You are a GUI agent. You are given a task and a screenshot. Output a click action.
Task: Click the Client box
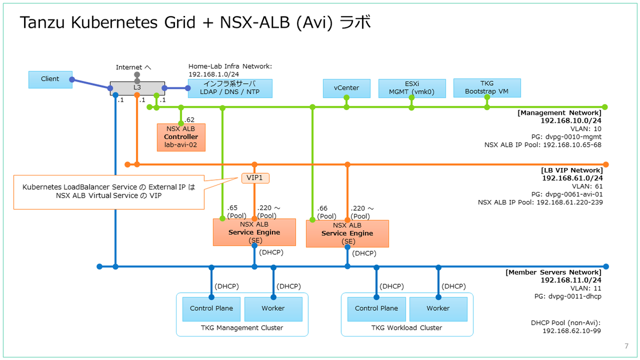coord(50,79)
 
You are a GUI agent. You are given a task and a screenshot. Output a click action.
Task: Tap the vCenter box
coord(346,88)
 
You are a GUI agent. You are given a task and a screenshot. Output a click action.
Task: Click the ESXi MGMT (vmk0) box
coord(411,88)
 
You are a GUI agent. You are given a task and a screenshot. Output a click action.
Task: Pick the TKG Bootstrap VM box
coord(486,88)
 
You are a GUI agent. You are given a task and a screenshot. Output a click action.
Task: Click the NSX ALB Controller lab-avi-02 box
coord(181,137)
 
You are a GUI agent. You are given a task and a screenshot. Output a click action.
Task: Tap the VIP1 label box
coord(255,178)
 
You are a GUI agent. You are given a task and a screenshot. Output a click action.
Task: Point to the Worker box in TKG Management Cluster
coord(273,309)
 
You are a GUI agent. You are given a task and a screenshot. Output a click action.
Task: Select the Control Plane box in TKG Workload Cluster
coord(377,309)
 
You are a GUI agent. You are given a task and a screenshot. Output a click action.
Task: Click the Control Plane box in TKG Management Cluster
coord(211,309)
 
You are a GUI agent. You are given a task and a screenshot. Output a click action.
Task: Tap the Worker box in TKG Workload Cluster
coord(438,309)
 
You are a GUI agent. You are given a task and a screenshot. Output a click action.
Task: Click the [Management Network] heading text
coord(559,113)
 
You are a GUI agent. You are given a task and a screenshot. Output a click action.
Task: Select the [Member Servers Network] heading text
coord(553,272)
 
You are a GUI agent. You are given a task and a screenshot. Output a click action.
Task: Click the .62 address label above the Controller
coord(189,120)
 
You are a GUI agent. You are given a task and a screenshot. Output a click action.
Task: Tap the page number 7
coord(626,347)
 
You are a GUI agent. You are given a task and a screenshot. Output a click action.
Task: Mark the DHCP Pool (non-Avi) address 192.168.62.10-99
coord(571,331)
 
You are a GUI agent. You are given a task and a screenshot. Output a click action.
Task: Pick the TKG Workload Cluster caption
coord(406,328)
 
